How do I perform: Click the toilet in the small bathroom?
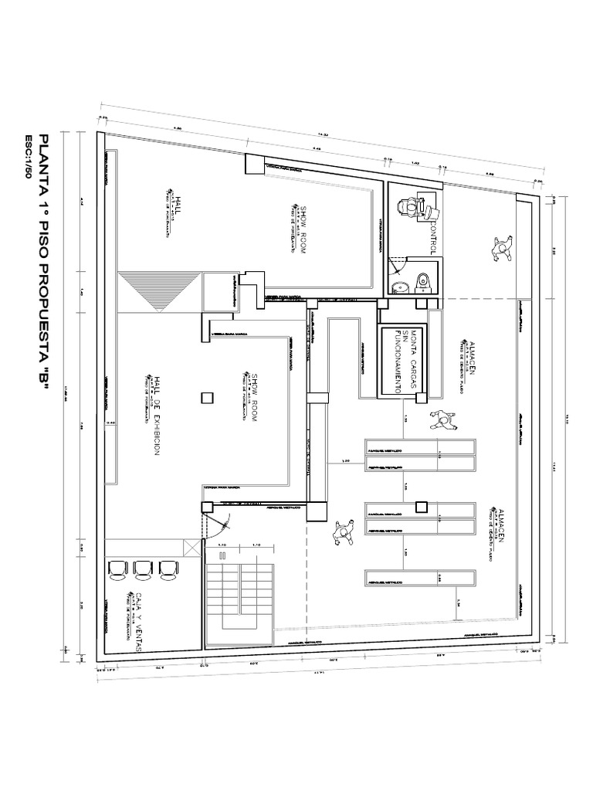coord(424,282)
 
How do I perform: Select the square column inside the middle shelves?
coord(421,507)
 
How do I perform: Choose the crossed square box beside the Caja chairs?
coord(191,547)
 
